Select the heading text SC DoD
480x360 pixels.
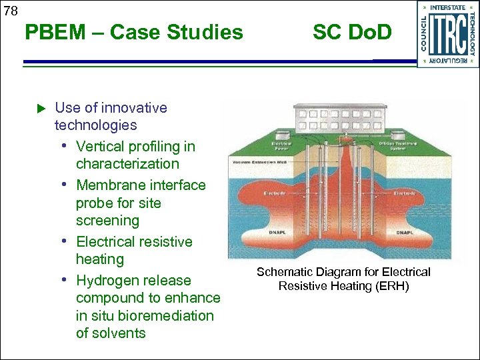click(352, 31)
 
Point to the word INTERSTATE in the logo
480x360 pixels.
click(448, 8)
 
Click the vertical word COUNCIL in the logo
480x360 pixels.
click(424, 33)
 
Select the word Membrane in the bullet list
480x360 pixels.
click(107, 185)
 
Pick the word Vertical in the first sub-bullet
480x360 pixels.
click(101, 146)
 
